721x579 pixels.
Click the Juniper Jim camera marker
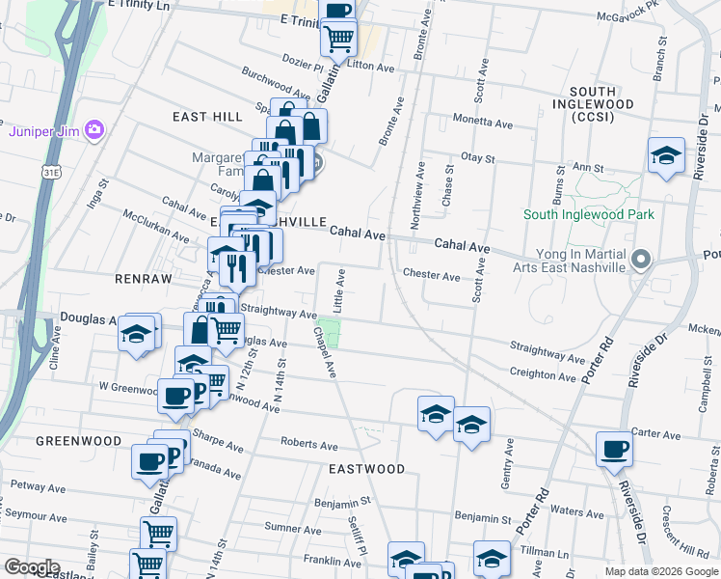pos(94,129)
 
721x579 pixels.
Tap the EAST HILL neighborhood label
pos(207,117)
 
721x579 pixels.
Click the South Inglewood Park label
pos(589,214)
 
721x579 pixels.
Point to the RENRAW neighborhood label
pos(143,279)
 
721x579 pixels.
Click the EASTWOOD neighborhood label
pos(366,469)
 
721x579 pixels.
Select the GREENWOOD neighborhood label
pos(78,441)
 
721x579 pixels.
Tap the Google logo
pos(32,567)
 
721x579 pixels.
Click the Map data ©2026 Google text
pos(660,571)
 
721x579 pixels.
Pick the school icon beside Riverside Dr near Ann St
pos(665,156)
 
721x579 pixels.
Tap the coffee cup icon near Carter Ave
pos(613,450)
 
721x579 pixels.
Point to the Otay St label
pos(477,157)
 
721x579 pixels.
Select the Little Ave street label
pos(339,289)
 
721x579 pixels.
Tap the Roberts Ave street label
pos(308,445)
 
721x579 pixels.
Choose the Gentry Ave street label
pos(506,473)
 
